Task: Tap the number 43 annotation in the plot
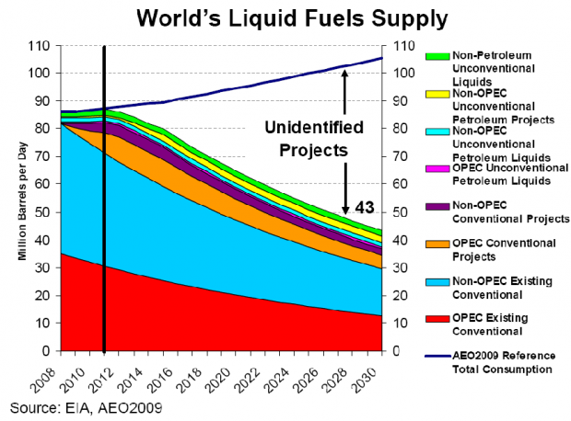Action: (x=366, y=207)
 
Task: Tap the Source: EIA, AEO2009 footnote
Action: (x=80, y=404)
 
